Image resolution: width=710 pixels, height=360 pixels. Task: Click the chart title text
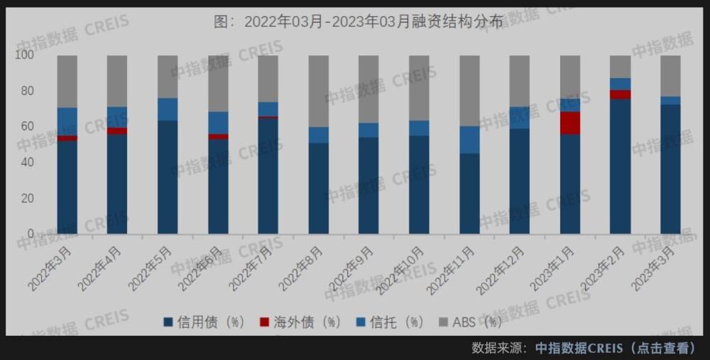tap(358, 21)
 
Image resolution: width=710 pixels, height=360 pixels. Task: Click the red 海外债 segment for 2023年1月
tap(569, 122)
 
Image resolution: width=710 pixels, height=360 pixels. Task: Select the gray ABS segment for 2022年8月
tap(318, 91)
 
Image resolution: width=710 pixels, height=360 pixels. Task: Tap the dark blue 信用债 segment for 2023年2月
tap(620, 166)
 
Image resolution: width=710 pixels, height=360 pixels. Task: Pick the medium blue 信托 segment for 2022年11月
tap(469, 139)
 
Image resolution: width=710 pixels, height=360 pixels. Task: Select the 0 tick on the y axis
tap(31, 233)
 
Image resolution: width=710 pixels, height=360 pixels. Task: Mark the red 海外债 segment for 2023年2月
tap(620, 94)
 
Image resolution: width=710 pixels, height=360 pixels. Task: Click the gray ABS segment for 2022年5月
tap(168, 77)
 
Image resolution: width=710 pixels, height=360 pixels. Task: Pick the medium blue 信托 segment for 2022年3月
tap(67, 121)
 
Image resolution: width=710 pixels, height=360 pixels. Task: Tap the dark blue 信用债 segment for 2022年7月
tap(268, 175)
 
